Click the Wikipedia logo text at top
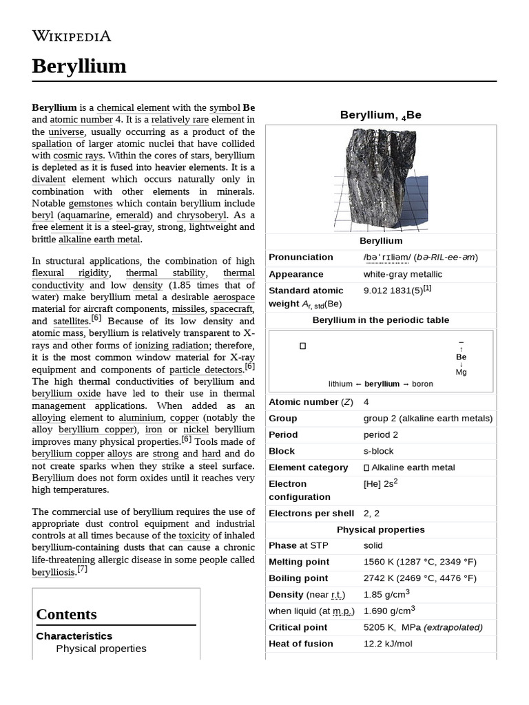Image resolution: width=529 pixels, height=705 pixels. pyautogui.click(x=71, y=36)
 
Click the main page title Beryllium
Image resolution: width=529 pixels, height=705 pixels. pyautogui.click(x=79, y=66)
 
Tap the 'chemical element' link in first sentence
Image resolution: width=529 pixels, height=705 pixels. pyautogui.click(x=133, y=108)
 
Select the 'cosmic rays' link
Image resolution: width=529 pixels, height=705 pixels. pyautogui.click(x=75, y=156)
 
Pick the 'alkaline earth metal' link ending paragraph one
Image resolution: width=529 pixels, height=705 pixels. pyautogui.click(x=99, y=240)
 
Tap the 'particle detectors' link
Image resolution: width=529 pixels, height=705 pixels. pyautogui.click(x=205, y=370)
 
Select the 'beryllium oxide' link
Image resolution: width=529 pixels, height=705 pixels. pyautogui.click(x=66, y=394)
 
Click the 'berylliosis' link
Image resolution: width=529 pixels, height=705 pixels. pyautogui.click(x=53, y=572)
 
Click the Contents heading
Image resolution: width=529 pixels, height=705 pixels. pyautogui.click(x=66, y=614)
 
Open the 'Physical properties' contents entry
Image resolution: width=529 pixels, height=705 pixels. pyautogui.click(x=101, y=649)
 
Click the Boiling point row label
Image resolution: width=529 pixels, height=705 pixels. pyautogui.click(x=298, y=578)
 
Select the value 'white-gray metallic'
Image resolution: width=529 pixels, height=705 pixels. pyautogui.click(x=403, y=274)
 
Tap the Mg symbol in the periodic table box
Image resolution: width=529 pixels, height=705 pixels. pyautogui.click(x=461, y=372)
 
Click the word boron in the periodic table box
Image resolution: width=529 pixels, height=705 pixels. pyautogui.click(x=422, y=383)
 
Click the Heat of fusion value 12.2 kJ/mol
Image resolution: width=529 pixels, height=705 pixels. pyautogui.click(x=387, y=644)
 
